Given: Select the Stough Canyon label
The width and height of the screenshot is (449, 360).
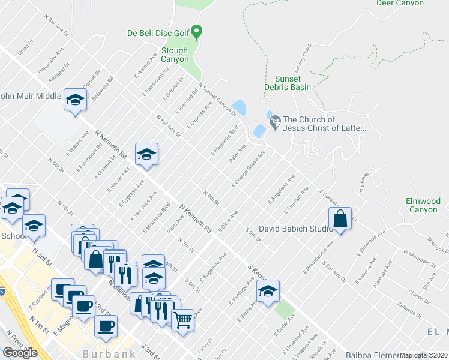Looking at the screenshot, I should (x=174, y=55).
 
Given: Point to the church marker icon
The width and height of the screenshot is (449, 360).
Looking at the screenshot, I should (x=276, y=120).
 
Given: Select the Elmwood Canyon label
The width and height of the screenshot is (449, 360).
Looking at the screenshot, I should (x=423, y=205).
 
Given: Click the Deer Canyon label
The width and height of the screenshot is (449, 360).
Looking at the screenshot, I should (x=400, y=3).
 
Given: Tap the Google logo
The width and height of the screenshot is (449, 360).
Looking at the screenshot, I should (x=20, y=353).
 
